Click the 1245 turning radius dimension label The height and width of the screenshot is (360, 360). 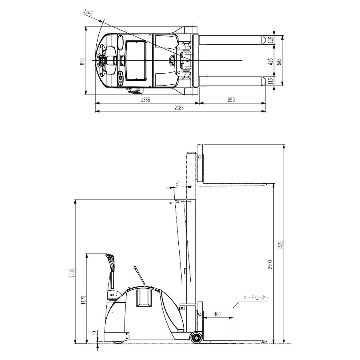coord(88,13)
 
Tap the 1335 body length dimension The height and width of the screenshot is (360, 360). coord(145,100)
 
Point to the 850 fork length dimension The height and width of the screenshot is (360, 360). coord(231,100)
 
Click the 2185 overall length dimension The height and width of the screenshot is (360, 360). coord(179,108)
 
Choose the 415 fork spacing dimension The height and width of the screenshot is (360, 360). coord(271,61)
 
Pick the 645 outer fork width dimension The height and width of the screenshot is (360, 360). coord(279,61)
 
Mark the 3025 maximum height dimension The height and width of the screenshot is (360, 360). coord(280,245)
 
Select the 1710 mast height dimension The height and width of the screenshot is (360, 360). coord(72,273)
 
